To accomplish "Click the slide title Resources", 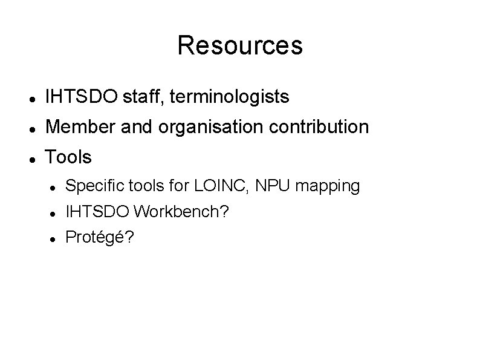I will click(x=240, y=45).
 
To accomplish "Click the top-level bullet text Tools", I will click(x=69, y=158).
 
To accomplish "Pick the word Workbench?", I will click(x=181, y=212).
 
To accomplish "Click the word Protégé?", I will click(x=100, y=238).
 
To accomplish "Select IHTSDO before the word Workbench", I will click(x=97, y=212).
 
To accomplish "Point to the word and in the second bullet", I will click(x=136, y=127).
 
